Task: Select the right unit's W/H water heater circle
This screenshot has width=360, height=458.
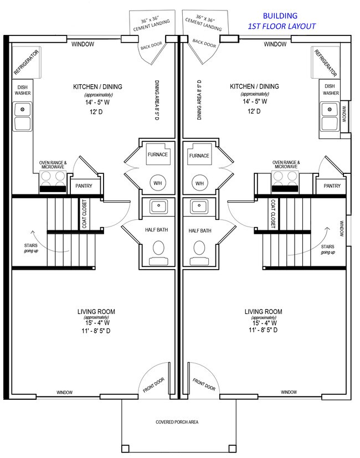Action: click(199, 183)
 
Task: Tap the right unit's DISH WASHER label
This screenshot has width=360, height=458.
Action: click(331, 90)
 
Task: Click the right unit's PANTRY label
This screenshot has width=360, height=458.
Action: click(332, 186)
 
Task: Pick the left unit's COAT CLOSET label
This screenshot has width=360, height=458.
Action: click(85, 214)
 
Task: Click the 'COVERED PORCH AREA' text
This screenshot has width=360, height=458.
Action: click(177, 422)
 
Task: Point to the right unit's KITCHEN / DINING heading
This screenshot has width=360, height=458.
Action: click(254, 87)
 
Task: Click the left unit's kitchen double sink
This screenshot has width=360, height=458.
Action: click(23, 117)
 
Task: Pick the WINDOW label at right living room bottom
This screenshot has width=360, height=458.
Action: click(288, 393)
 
